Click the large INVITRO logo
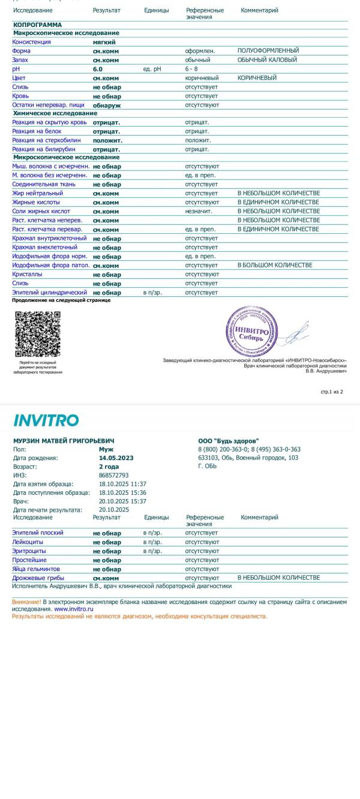click(x=46, y=420)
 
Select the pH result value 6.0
click(x=97, y=69)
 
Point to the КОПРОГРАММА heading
click(x=37, y=25)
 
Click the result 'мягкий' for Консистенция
click(x=104, y=42)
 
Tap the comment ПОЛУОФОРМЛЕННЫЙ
click(x=268, y=51)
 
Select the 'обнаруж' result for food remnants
click(x=106, y=105)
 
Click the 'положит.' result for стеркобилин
click(x=107, y=140)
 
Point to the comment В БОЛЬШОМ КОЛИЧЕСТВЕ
click(x=275, y=265)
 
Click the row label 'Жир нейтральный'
click(x=37, y=193)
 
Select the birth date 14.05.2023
click(x=116, y=458)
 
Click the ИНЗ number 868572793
click(x=113, y=475)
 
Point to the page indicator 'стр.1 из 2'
click(x=332, y=392)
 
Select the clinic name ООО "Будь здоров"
click(x=228, y=441)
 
